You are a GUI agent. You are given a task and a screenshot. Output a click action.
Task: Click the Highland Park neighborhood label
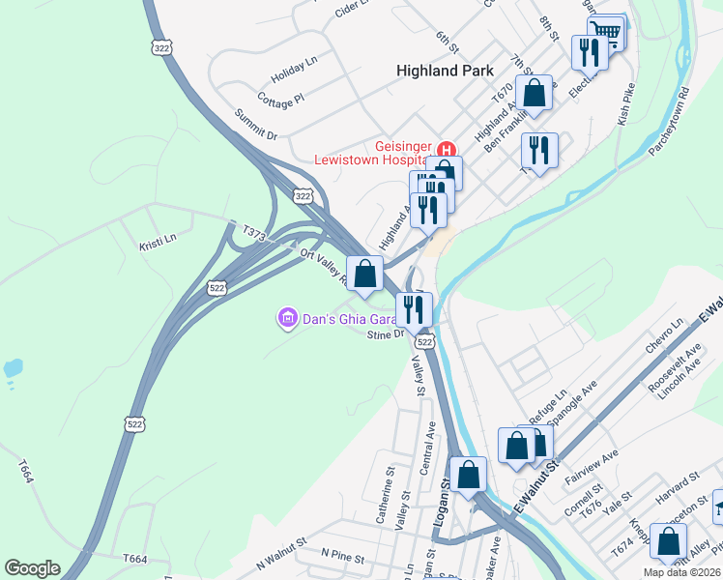click(x=445, y=71)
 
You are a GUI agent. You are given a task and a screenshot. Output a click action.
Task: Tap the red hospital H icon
click(x=447, y=150)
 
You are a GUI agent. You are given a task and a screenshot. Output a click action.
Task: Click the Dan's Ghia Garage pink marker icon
click(x=286, y=317)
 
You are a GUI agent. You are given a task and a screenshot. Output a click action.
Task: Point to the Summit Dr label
click(x=256, y=123)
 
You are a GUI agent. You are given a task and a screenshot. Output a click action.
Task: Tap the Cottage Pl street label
click(x=281, y=99)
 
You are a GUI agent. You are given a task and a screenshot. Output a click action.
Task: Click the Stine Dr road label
click(x=385, y=334)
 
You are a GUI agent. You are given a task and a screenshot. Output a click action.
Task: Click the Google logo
click(x=32, y=568)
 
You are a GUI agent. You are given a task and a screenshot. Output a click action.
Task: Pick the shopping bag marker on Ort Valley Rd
click(x=364, y=275)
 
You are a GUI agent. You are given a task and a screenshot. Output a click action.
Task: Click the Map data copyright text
click(x=681, y=572)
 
